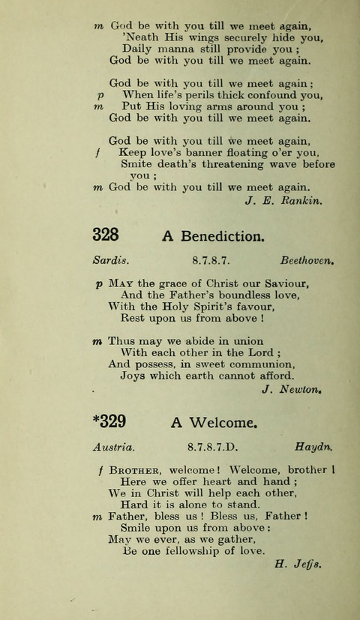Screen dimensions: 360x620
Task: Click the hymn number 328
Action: [x=106, y=235]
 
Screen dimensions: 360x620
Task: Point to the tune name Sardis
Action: [x=112, y=262]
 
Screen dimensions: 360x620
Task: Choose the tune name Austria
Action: [x=114, y=448]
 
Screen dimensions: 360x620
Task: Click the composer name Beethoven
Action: [x=307, y=262]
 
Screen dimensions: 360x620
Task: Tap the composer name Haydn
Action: [x=314, y=448]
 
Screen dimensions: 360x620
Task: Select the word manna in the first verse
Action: [x=175, y=49]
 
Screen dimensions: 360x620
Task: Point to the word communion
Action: [x=253, y=364]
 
